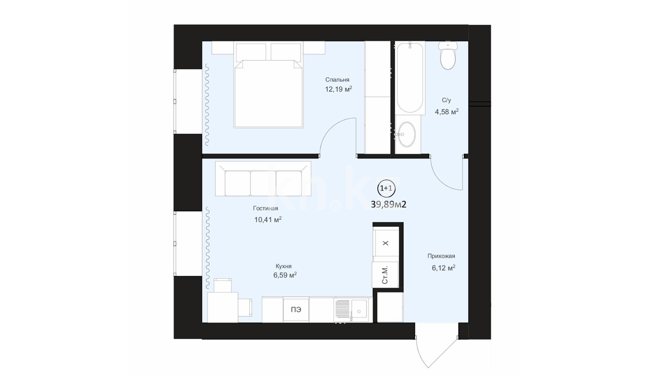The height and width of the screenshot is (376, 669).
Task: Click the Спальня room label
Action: coord(337,80)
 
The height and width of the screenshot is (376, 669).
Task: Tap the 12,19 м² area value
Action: coord(338,89)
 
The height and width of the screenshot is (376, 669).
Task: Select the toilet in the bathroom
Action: coord(448,55)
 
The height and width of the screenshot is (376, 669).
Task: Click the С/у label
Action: coord(446,100)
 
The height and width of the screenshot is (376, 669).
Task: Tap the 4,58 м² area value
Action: coord(447,112)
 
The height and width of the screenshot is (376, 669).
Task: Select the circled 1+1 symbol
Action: coord(386,188)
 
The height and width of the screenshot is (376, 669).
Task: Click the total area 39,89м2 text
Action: coord(389,204)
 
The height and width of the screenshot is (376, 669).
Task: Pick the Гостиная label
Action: coord(266,209)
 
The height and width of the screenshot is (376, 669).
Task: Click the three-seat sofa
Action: coord(263,178)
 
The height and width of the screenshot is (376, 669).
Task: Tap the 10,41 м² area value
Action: coord(268,220)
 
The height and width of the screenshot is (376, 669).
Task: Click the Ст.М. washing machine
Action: coord(385,275)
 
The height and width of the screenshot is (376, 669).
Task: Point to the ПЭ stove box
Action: coord(296,310)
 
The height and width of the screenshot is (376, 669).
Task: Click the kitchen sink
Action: coord(351,310)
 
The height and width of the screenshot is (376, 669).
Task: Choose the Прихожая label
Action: coord(441,256)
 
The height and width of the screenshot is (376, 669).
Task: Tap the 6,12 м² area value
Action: coord(444,268)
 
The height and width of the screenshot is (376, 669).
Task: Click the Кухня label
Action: coord(284,266)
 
